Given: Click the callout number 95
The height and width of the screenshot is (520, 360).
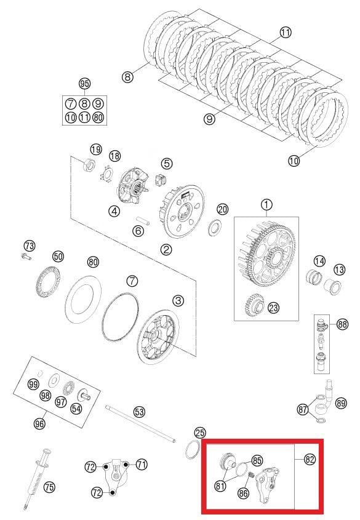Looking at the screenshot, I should tap(84, 84).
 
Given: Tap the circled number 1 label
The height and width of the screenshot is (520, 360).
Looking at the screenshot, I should tap(266, 204).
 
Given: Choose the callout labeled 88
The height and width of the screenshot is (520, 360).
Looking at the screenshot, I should tap(342, 323).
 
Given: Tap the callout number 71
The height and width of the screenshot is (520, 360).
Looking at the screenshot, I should tap(142, 465).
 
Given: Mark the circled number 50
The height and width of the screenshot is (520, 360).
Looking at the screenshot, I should tap(58, 256).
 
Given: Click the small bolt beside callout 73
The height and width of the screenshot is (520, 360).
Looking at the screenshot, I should tap(26, 256).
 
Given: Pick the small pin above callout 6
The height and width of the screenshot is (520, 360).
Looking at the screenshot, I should tap(140, 218).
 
